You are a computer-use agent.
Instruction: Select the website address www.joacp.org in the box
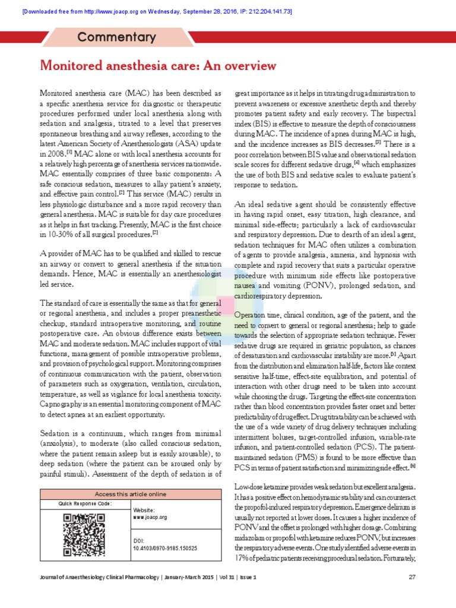(151, 517)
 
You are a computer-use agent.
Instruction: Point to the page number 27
(412, 577)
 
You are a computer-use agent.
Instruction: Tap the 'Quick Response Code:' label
(85, 503)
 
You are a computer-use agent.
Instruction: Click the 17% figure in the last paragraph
(242, 559)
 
